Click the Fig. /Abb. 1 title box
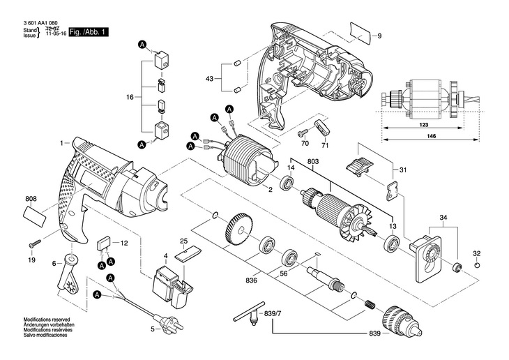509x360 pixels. tap(89, 32)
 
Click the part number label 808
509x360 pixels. tap(31, 199)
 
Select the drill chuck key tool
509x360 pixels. tap(246, 317)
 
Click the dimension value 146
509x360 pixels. tap(431, 136)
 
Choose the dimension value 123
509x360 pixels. tap(424, 125)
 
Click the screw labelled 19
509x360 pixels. tap(35, 243)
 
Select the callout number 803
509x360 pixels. tap(312, 161)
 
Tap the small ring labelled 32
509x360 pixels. tap(476, 265)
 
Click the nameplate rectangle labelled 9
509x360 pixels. tap(360, 33)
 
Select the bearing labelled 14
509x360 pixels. tap(287, 183)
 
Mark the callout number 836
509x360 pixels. tap(251, 280)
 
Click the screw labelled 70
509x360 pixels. tap(303, 133)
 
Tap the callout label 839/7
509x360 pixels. tap(273, 314)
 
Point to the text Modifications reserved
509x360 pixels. tap(47, 320)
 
